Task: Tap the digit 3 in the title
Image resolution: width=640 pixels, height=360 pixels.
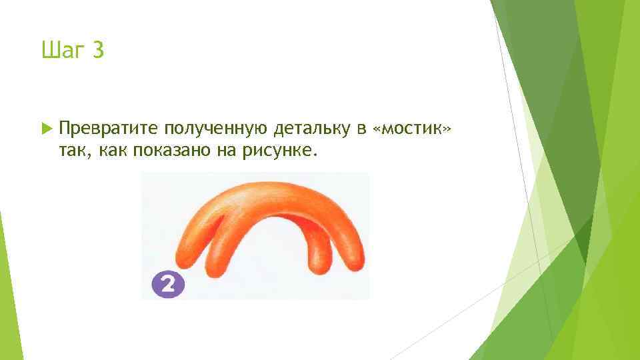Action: [x=98, y=50]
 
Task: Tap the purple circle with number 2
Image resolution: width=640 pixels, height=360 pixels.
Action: [x=167, y=285]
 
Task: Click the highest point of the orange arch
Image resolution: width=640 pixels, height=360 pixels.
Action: [x=267, y=187]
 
